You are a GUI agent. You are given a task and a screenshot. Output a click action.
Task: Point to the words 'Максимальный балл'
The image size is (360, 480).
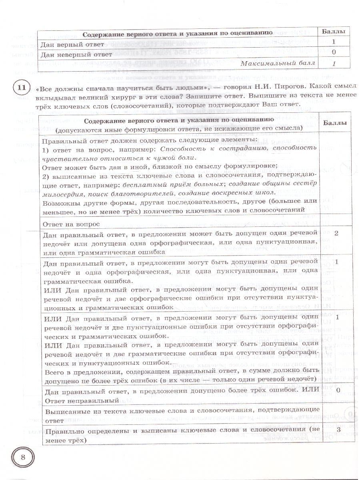[278, 63]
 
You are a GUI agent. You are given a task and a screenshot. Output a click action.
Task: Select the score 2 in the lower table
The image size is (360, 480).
[336, 233]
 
